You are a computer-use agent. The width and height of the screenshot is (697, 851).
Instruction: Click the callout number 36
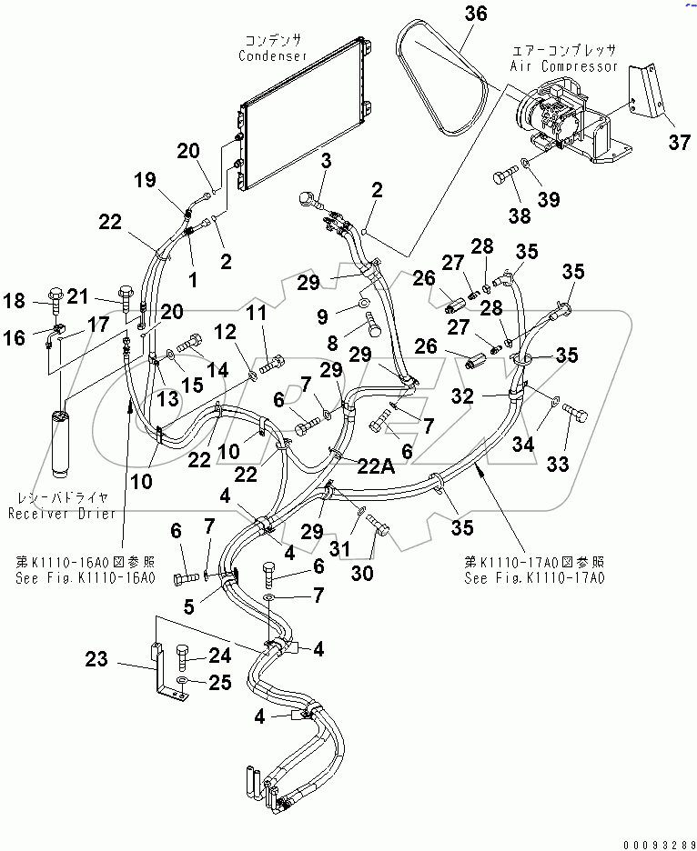coord(476,14)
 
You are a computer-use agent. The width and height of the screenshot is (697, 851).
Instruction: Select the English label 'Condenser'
coord(273,56)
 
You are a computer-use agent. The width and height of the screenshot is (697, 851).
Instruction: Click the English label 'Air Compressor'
coord(564,66)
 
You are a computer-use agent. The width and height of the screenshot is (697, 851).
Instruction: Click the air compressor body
coord(555,118)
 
